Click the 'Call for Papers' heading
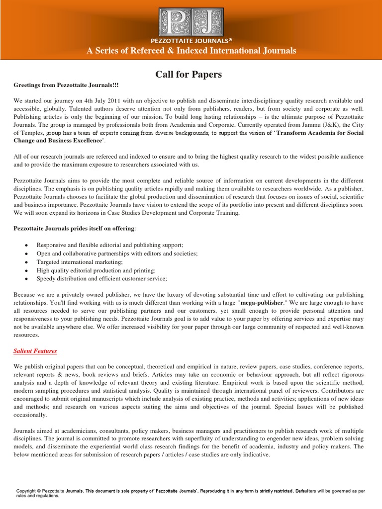click(x=189, y=75)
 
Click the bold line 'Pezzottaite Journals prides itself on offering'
click(x=74, y=228)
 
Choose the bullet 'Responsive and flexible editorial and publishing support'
click(x=110, y=246)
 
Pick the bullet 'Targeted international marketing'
click(x=80, y=262)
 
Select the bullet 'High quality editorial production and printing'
click(x=96, y=270)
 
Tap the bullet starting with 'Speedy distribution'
click(x=101, y=279)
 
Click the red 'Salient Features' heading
click(x=35, y=351)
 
